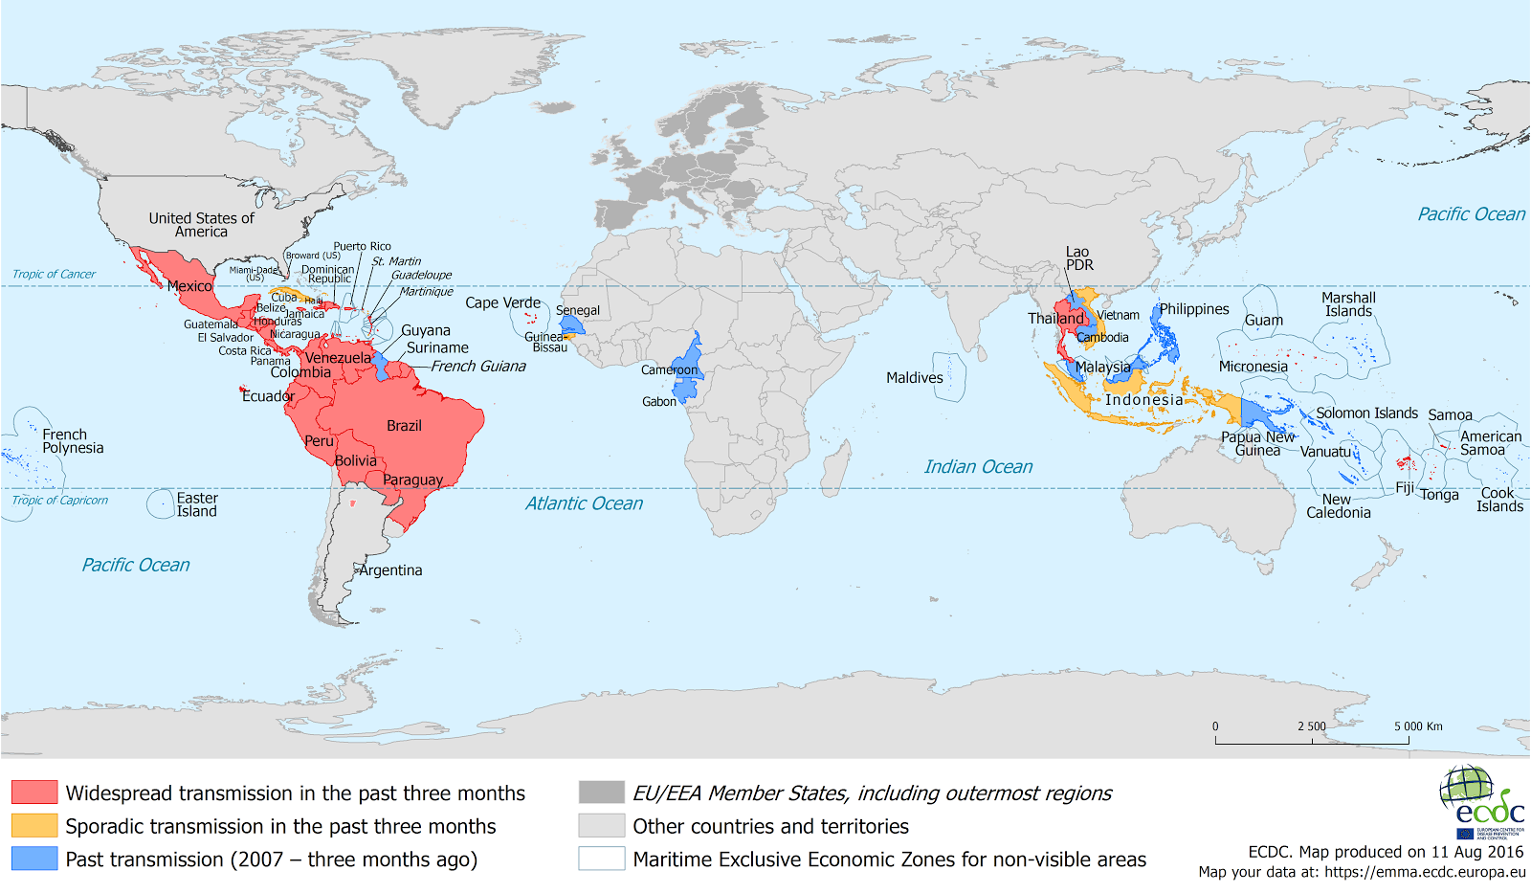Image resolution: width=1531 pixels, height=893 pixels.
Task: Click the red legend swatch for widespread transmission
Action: (34, 792)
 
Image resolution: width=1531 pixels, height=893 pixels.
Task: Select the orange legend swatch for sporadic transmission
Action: (34, 825)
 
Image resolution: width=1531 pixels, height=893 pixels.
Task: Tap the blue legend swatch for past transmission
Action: (34, 859)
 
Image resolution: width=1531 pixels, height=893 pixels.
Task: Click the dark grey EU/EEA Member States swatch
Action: (601, 792)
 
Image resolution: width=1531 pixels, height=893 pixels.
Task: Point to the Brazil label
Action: (404, 426)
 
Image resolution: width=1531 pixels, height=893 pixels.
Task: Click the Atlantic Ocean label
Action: (584, 503)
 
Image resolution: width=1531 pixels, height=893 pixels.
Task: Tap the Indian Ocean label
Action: (978, 467)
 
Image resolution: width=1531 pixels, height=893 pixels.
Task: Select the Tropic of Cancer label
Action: (54, 275)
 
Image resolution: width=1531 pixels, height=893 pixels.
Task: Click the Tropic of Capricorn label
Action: (59, 501)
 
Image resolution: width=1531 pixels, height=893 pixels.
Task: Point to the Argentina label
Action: (390, 570)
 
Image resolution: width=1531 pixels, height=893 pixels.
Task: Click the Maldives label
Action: (914, 378)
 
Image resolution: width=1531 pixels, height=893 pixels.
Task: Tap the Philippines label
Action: (1194, 309)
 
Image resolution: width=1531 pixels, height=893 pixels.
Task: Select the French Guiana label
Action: (477, 367)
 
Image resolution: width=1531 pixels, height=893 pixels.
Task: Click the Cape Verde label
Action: (502, 302)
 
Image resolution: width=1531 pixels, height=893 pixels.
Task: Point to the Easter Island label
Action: (197, 504)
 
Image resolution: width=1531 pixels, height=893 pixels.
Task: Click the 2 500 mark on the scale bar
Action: (1312, 726)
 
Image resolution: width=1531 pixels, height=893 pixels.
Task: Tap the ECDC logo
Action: (1481, 802)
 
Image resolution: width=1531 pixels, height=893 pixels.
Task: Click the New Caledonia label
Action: (1338, 506)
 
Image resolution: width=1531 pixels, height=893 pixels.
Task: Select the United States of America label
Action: (201, 225)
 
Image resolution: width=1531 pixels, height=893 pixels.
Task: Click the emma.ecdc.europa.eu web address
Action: (1425, 872)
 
